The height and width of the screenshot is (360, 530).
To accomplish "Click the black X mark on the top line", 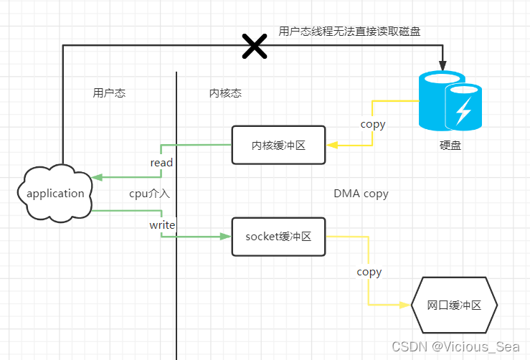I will (254, 46).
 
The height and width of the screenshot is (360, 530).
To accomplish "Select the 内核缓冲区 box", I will (278, 146).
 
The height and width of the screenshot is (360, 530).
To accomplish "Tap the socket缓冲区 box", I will (278, 236).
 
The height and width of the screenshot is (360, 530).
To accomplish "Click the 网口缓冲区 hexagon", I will (454, 305).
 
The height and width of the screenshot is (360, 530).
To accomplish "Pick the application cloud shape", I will (55, 193).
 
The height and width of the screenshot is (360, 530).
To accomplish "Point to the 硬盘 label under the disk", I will (450, 145).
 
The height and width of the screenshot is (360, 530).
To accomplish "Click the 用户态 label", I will (109, 93).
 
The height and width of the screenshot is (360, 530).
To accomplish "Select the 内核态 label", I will (225, 93).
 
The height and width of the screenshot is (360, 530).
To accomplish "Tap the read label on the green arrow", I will (161, 163).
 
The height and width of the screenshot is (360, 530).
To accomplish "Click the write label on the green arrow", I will (162, 224).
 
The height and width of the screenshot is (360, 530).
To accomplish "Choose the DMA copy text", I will (361, 194).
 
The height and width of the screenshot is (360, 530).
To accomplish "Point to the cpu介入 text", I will (149, 194).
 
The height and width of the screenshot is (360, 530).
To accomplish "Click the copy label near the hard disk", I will (373, 124).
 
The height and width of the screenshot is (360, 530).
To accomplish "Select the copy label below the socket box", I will (369, 272).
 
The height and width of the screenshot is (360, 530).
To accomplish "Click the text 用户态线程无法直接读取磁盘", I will (349, 31).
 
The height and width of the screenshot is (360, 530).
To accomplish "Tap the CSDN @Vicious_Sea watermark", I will (465, 346).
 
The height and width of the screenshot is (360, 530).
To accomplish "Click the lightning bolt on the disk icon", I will (463, 110).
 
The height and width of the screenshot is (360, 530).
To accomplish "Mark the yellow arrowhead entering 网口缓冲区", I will (406, 305).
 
